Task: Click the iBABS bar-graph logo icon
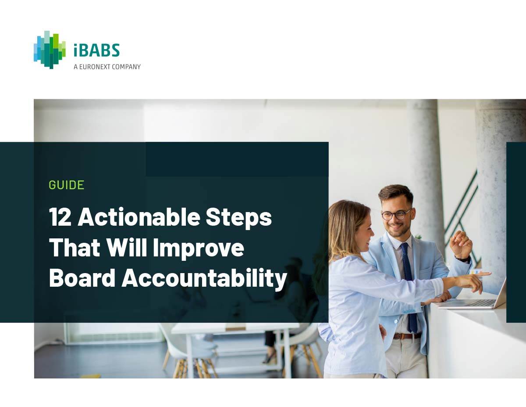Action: pyautogui.click(x=50, y=50)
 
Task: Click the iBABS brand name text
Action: pyautogui.click(x=96, y=50)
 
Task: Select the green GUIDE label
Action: pyautogui.click(x=66, y=185)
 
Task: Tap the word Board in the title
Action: pyautogui.click(x=82, y=277)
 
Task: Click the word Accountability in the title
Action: pyautogui.click(x=204, y=278)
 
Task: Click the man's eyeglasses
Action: pyautogui.click(x=396, y=214)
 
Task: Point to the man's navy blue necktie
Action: pyautogui.click(x=409, y=285)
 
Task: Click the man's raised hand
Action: pyautogui.click(x=460, y=244)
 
